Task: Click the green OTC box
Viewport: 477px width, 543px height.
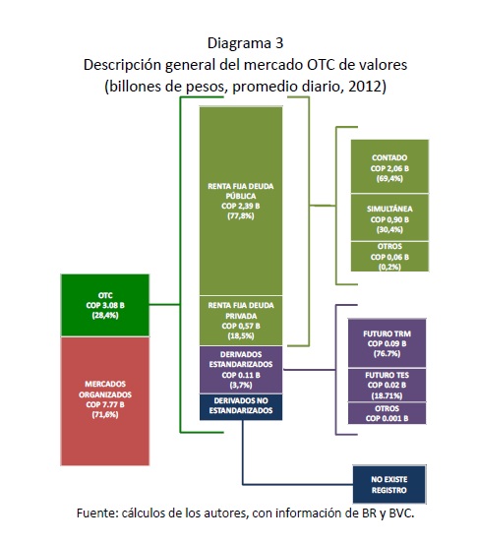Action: (105, 305)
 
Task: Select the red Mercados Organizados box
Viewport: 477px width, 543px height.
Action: (105, 401)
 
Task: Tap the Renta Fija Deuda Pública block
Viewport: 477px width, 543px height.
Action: (241, 201)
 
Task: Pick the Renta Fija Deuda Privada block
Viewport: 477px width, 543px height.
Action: (241, 321)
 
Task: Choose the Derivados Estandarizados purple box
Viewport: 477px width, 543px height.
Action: (241, 370)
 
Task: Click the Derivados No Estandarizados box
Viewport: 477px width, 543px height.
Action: (241, 407)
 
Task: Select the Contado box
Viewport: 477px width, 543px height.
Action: (389, 166)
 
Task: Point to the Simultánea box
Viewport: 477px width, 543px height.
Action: (389, 217)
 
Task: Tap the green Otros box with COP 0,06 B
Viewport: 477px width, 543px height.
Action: (389, 257)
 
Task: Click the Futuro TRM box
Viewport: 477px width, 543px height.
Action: (387, 343)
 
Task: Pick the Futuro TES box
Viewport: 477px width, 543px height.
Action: (387, 385)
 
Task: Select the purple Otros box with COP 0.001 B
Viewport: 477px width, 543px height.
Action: (387, 413)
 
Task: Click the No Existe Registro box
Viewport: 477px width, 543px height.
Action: (389, 485)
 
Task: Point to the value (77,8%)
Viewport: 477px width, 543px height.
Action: (241, 216)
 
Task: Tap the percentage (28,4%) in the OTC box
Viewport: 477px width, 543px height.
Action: (105, 315)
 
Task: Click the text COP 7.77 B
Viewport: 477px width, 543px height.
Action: (105, 404)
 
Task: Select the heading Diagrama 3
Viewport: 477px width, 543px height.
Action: (246, 43)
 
